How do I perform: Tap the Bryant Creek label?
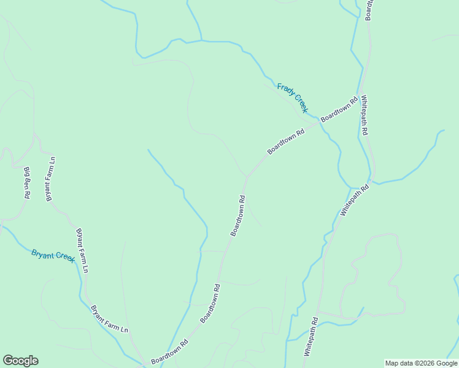tap(53, 255)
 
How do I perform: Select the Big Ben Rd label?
tap(27, 182)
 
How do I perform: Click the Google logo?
tap(20, 361)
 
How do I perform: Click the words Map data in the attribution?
tap(399, 363)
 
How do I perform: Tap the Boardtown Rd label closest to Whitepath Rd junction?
tap(339, 109)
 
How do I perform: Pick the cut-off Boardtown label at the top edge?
tap(369, 10)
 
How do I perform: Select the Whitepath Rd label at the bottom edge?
tap(310, 337)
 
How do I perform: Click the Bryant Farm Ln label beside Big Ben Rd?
tap(50, 178)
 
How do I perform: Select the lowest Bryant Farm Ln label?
tap(109, 319)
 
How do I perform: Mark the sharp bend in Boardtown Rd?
tap(247, 177)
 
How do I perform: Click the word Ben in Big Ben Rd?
tap(27, 182)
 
